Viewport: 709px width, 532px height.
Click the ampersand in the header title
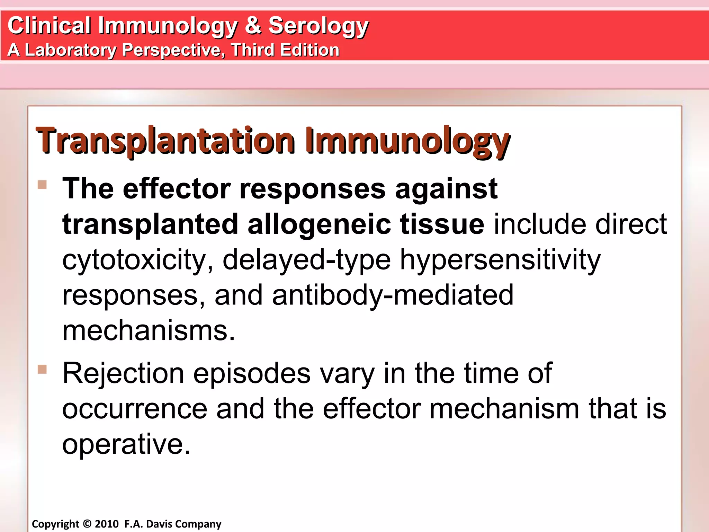[253, 25]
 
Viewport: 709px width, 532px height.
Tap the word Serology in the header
[318, 26]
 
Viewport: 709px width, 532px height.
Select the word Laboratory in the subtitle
[71, 50]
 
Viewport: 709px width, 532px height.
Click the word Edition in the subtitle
[309, 50]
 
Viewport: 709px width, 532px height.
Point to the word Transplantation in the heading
[165, 141]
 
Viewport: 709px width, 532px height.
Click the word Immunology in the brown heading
[407, 141]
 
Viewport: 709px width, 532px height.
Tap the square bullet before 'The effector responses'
[42, 185]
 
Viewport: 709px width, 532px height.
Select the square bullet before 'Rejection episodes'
[42, 370]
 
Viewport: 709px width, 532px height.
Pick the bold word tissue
[442, 224]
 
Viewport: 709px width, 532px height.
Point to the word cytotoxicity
[137, 260]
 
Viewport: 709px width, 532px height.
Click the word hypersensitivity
[500, 260]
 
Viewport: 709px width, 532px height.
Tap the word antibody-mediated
[393, 295]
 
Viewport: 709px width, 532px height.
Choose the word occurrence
[135, 409]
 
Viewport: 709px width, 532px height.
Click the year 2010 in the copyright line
[107, 524]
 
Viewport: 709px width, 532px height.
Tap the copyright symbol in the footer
[87, 524]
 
